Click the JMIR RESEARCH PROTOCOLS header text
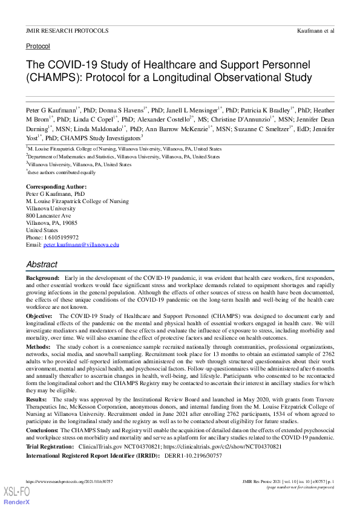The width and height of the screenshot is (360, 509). click(67, 30)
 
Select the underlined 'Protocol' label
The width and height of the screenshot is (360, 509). click(38, 46)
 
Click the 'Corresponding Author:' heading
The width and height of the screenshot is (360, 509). click(56, 187)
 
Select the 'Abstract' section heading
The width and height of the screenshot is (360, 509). click(42, 264)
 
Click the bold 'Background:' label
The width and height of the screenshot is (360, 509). click(43, 276)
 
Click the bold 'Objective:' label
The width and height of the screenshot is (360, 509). click(40, 316)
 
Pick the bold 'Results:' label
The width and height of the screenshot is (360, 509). click(37, 400)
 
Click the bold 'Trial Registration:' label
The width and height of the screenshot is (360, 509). click(50, 446)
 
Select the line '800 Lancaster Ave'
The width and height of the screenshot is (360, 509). click(48, 216)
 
